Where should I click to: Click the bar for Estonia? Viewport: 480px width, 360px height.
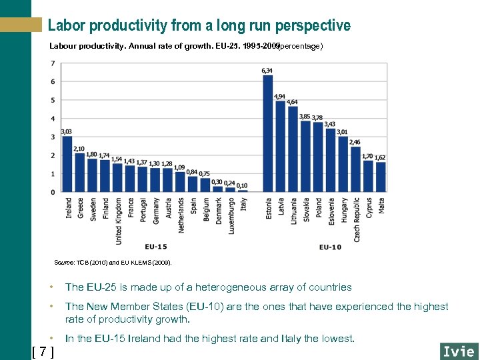point(268,133)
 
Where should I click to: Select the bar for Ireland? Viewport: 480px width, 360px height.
point(67,164)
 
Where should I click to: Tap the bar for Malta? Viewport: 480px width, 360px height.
point(381,177)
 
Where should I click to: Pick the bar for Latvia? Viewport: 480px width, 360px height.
point(281,147)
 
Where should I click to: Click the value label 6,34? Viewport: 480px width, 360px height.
point(267,70)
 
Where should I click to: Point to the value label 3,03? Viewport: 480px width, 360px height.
point(67,132)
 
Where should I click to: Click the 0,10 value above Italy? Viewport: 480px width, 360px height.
point(242,185)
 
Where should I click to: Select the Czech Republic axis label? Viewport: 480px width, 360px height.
point(357,219)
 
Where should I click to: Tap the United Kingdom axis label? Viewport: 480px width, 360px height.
point(118,220)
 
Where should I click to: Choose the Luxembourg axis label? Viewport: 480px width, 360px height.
point(230,216)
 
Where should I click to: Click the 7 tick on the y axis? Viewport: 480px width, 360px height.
point(53,63)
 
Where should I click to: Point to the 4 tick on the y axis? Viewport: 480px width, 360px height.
point(53,119)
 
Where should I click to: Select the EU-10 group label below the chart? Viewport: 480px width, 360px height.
point(330,247)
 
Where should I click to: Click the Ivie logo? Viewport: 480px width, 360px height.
point(458,351)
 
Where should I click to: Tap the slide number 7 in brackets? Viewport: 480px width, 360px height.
point(43,351)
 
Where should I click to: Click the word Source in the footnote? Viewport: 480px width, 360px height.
point(64,263)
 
